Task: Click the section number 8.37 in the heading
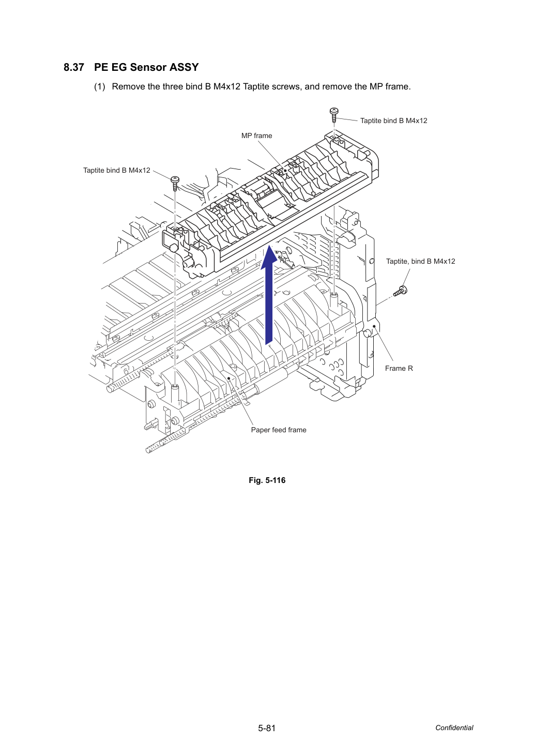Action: coord(74,67)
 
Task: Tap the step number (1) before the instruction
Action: coord(100,87)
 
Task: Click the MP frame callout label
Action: coord(256,135)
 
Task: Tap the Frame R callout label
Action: coord(399,368)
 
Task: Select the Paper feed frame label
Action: coord(279,430)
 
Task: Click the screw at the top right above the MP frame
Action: coord(334,115)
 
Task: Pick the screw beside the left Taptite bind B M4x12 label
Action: coord(175,184)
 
